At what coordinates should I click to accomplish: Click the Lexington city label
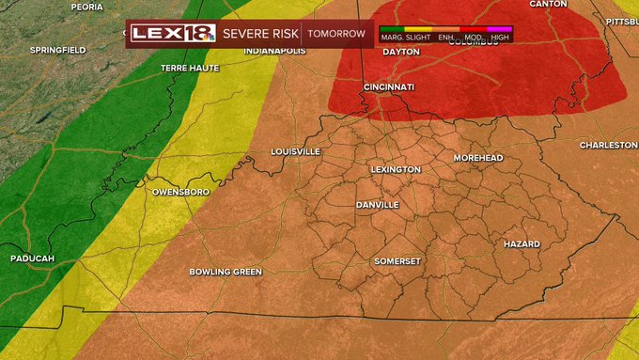pos(395,169)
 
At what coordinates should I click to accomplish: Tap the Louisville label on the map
pos(295,151)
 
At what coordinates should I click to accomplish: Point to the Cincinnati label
pos(388,87)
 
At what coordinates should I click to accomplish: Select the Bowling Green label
pos(226,272)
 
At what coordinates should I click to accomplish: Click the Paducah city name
pos(32,258)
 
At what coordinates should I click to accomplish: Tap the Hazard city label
pos(522,244)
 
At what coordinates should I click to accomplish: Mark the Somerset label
pos(397,260)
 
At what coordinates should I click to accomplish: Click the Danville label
pos(377,205)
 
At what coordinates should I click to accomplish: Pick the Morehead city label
pos(478,158)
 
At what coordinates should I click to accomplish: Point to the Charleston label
pos(608,146)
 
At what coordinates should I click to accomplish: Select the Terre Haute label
pos(190,68)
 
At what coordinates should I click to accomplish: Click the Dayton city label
pos(401,52)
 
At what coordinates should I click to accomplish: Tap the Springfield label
pos(57,49)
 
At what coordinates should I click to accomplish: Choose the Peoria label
pos(86,7)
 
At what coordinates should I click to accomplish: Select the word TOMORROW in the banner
pos(336,34)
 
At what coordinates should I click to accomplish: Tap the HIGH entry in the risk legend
pos(500,38)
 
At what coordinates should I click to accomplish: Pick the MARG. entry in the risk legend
pos(392,38)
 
